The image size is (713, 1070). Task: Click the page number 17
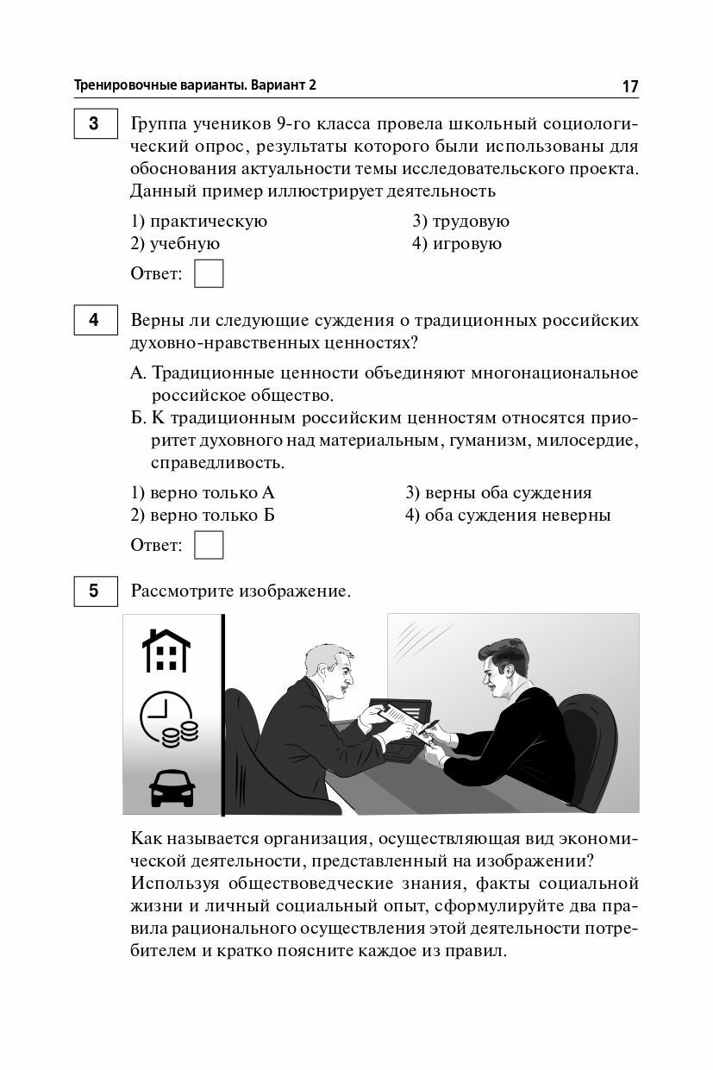(629, 86)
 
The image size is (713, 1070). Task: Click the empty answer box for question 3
(209, 273)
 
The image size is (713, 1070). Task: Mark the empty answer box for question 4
(209, 545)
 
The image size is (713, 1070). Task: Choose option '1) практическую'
(199, 222)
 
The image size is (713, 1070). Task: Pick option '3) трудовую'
(460, 222)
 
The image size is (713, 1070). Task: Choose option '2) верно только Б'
(203, 516)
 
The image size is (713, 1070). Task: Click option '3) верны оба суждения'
(498, 493)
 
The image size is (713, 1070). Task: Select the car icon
(172, 786)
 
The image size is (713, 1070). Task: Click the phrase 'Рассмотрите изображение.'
(241, 591)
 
